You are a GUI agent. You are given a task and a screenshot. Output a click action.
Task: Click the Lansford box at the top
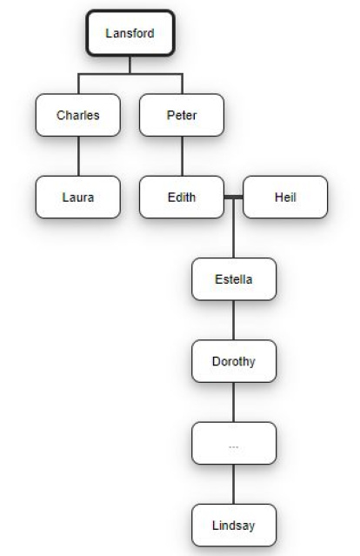coord(130,33)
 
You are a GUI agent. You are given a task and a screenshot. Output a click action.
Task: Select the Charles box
coord(78,115)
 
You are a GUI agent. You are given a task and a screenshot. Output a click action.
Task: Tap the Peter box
coord(182,115)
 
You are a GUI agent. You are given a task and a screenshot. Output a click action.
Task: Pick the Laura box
coord(78,198)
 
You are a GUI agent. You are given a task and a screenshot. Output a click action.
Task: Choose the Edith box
coord(182,198)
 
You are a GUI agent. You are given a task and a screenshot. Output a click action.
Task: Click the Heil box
coord(285,198)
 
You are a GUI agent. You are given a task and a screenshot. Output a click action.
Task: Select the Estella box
coord(234,279)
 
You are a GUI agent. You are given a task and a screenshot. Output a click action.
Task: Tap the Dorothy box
coord(234,361)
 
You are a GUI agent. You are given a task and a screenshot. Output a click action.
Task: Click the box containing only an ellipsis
coord(234,443)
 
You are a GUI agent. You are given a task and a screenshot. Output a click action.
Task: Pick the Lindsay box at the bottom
coord(234,526)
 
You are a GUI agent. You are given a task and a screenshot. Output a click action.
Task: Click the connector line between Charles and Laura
coord(78,156)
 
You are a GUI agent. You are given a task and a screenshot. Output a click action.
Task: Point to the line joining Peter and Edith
coord(182,156)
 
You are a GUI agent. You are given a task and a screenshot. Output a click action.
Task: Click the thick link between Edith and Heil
coord(234,198)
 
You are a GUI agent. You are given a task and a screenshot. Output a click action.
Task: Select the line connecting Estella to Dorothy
coord(234,320)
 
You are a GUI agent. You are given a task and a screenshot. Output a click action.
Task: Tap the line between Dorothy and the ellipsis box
coord(234,402)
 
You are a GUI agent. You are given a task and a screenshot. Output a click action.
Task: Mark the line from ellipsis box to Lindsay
coord(234,484)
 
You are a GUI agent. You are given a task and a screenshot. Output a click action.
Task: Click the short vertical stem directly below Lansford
coord(130,65)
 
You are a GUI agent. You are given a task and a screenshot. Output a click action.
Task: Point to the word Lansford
coord(130,33)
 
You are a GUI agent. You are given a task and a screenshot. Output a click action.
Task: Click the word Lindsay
coord(234,526)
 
